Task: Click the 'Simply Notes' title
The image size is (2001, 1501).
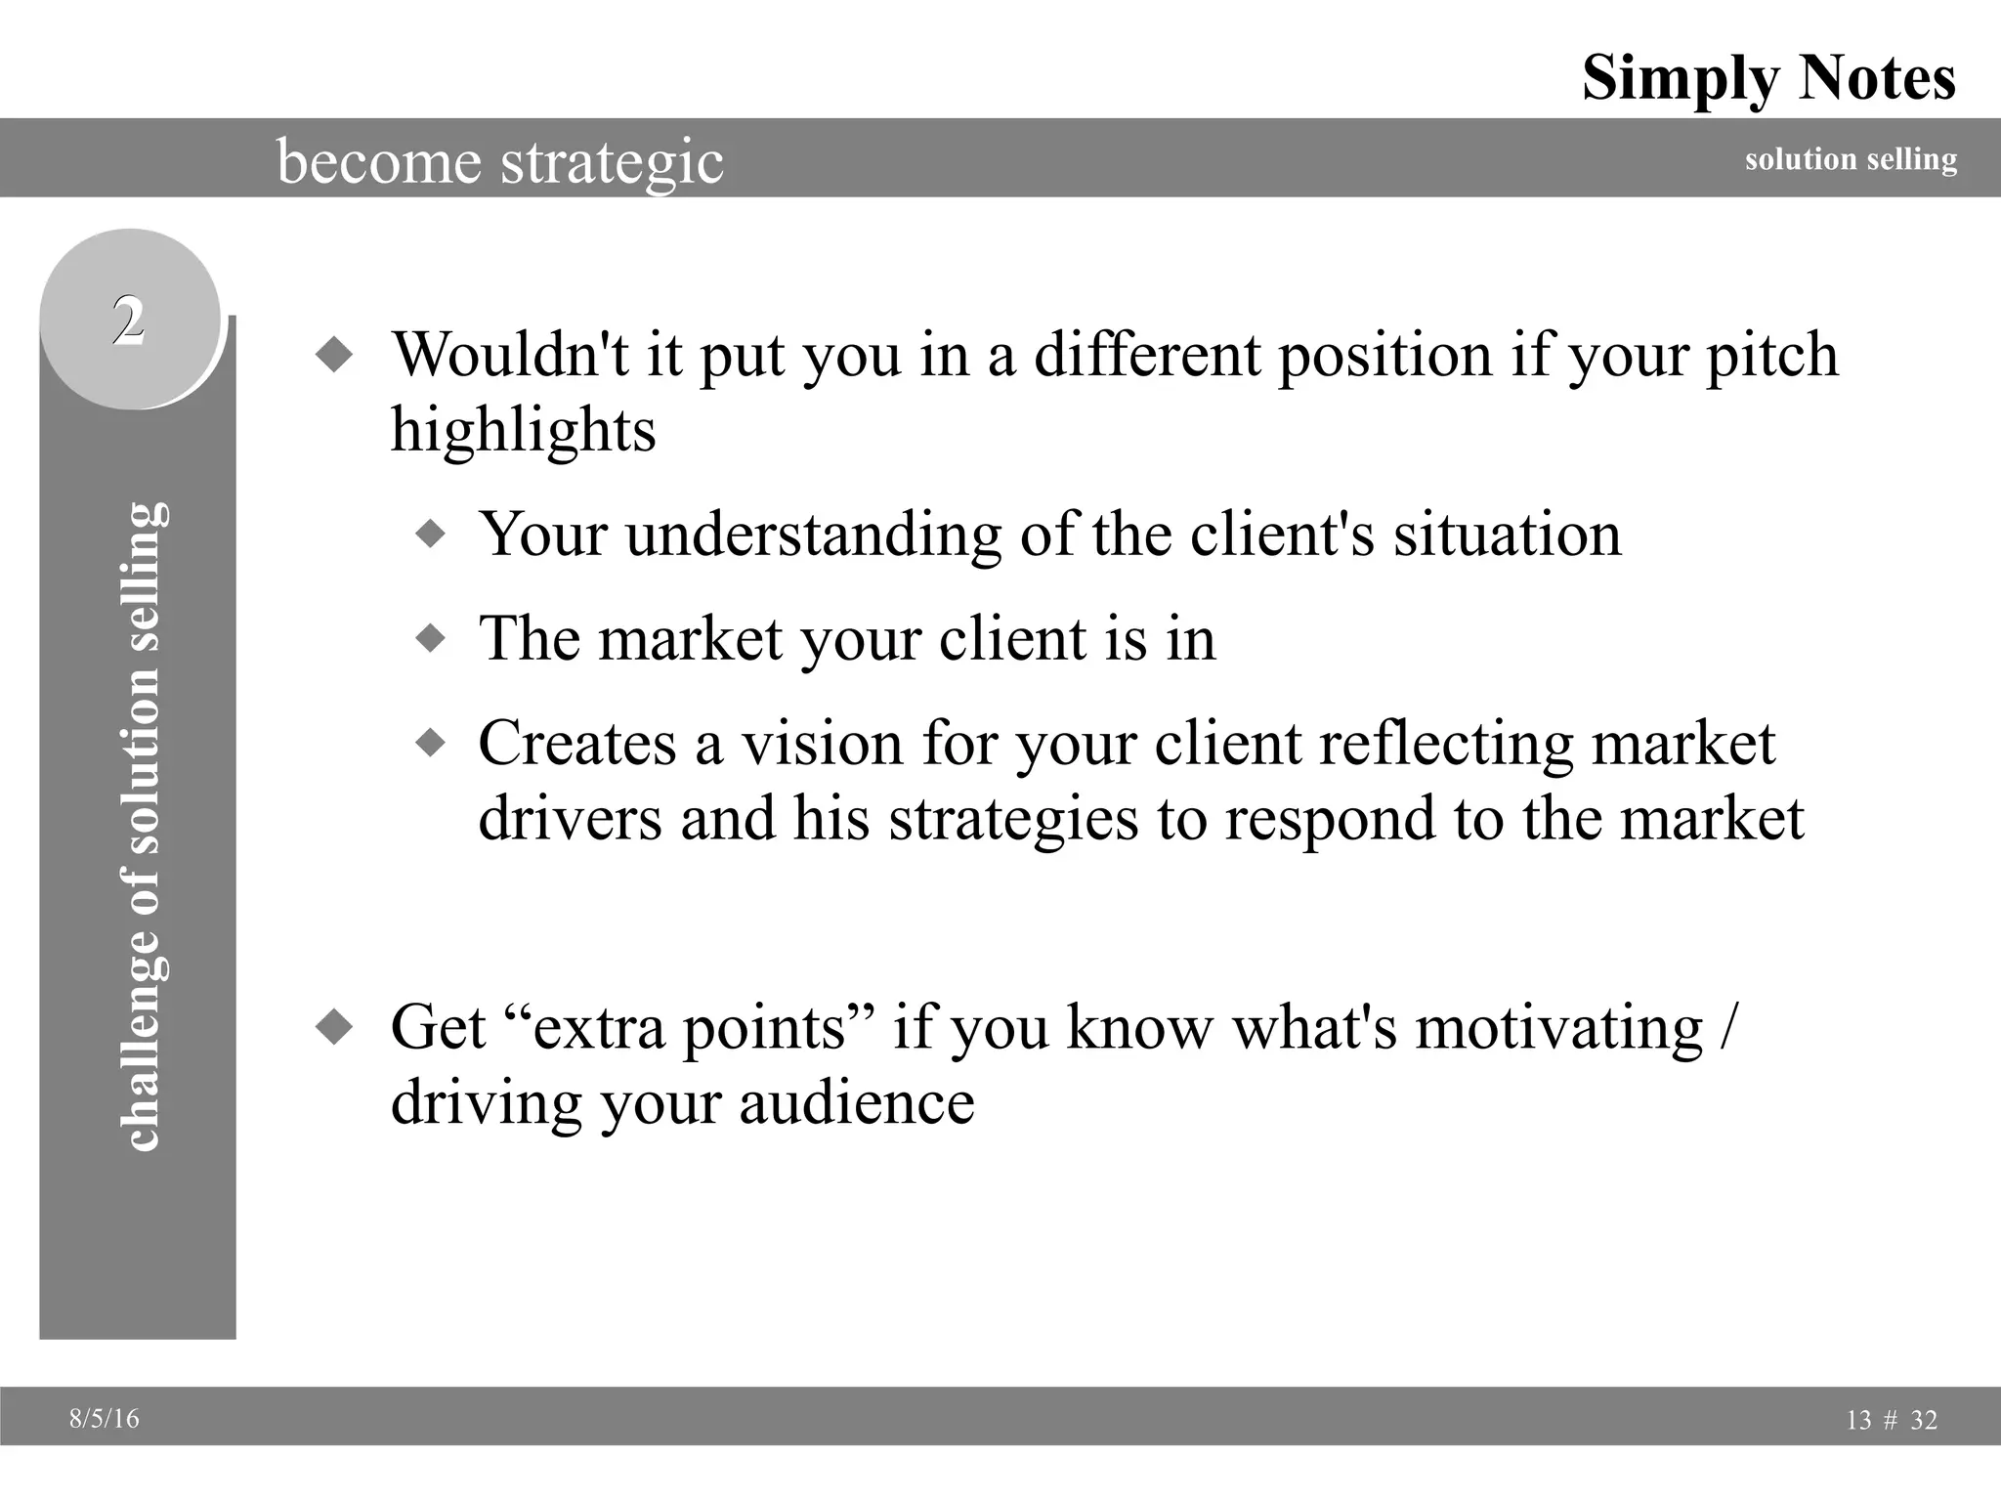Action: (x=1768, y=77)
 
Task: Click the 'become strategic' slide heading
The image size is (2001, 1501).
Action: (x=500, y=161)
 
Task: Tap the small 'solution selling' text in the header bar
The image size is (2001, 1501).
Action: (x=1851, y=158)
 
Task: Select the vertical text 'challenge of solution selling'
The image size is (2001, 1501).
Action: (x=143, y=826)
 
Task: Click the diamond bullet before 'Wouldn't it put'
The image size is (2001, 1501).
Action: (x=334, y=356)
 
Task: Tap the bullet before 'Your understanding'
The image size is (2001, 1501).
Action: (x=430, y=535)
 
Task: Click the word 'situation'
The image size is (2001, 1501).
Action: (x=1507, y=535)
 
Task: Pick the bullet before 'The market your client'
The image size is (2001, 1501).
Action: (x=430, y=639)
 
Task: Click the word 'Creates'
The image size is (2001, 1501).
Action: (x=576, y=743)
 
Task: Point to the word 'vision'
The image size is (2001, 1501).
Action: (x=822, y=743)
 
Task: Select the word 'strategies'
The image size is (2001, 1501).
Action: (x=1013, y=818)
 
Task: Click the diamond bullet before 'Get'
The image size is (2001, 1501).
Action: (x=334, y=1028)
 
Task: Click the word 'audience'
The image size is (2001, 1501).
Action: (x=856, y=1103)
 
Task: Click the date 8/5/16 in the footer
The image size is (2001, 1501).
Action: (x=104, y=1419)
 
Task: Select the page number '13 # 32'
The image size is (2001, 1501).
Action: (x=1891, y=1420)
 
